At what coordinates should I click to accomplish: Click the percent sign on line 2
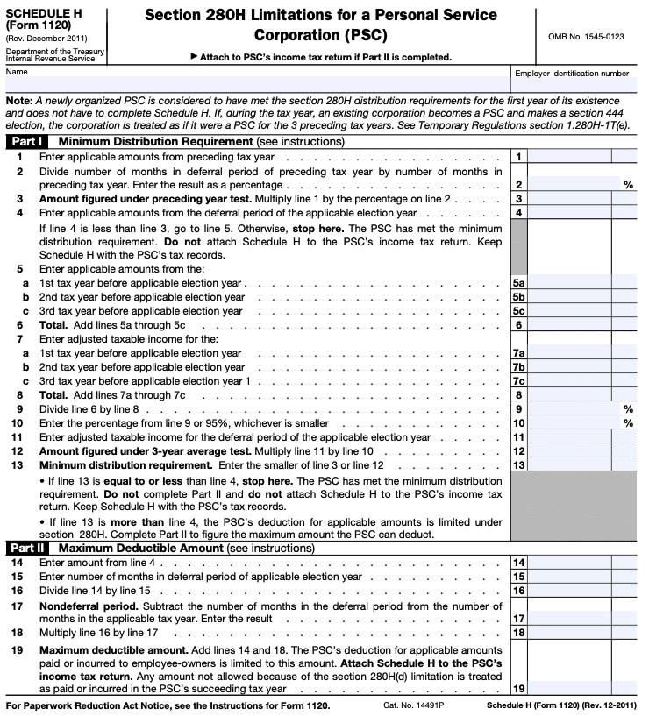point(628,185)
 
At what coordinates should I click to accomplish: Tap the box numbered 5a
point(519,284)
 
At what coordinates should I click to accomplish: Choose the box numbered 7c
point(519,381)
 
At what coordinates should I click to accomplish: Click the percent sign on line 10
point(628,423)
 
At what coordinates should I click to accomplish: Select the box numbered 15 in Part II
point(519,577)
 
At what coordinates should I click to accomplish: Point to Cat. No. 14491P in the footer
point(410,705)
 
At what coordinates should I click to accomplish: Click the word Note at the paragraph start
point(20,101)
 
